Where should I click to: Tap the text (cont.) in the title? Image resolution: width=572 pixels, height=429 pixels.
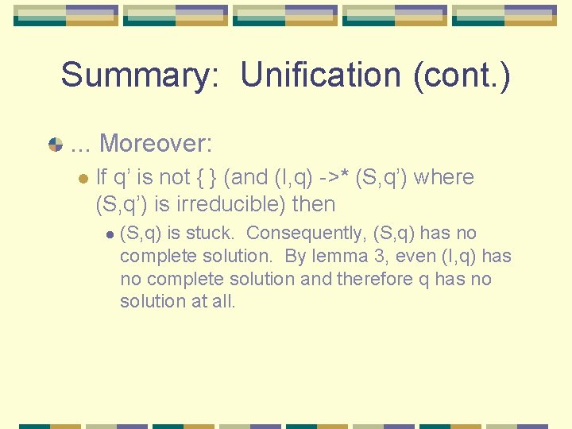tap(462, 75)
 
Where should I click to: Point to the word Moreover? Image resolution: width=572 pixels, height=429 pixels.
tap(156, 144)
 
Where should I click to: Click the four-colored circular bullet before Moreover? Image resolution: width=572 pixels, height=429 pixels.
tap(56, 145)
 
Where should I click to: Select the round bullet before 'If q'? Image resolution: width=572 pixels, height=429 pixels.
tap(83, 178)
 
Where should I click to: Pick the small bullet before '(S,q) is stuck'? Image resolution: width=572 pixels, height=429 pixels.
tap(110, 234)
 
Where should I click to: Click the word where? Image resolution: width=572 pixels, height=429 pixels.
tap(443, 177)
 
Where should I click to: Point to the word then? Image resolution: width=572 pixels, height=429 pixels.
tap(314, 204)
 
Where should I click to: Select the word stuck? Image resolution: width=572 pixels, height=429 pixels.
tap(215, 234)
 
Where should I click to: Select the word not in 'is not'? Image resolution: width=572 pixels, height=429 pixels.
tap(175, 177)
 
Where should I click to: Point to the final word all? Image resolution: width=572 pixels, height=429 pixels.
tap(225, 301)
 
